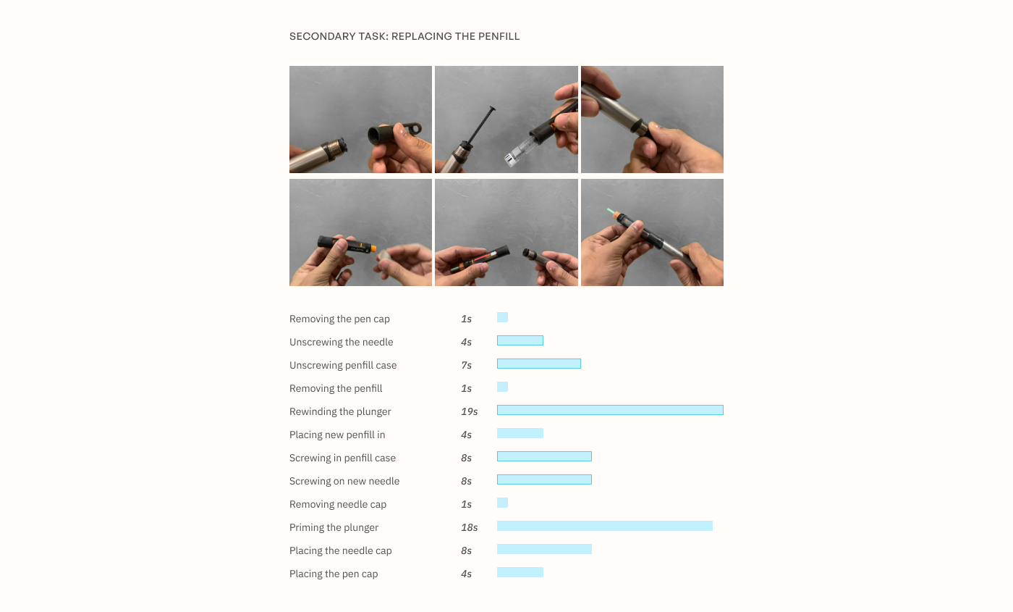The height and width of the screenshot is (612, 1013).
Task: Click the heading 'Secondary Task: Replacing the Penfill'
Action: [404, 36]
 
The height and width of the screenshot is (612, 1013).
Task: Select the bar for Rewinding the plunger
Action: [610, 410]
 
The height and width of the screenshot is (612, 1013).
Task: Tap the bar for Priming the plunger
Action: [604, 526]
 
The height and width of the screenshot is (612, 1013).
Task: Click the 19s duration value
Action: [469, 411]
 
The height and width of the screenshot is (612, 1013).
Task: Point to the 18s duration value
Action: [469, 527]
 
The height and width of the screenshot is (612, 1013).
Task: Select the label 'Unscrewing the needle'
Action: [341, 342]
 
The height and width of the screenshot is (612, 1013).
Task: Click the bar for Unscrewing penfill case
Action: [538, 364]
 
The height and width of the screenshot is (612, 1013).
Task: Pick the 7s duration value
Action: [466, 365]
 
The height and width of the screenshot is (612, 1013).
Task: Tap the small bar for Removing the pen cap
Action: [502, 317]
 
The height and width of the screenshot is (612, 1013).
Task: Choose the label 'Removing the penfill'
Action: [336, 388]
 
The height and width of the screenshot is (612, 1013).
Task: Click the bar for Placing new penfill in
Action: [520, 433]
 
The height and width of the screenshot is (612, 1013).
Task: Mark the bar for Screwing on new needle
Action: [544, 479]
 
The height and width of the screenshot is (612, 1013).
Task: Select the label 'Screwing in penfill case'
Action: [342, 458]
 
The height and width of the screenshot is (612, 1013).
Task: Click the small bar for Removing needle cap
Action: [502, 503]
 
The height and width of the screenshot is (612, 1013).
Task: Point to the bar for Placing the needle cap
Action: [544, 549]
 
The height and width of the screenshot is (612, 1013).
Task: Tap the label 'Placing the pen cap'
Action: [334, 574]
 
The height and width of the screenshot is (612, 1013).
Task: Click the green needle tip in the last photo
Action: [611, 212]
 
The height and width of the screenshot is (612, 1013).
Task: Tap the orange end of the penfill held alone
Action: [371, 248]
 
